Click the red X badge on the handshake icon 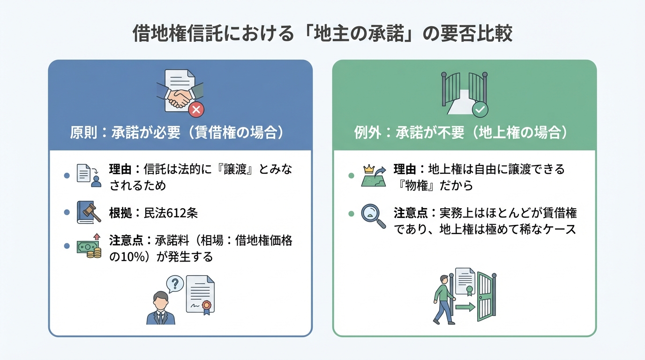(196, 110)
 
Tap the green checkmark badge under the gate (480, 110)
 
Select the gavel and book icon (89, 213)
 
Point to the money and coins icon (89, 247)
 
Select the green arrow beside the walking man (465, 307)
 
